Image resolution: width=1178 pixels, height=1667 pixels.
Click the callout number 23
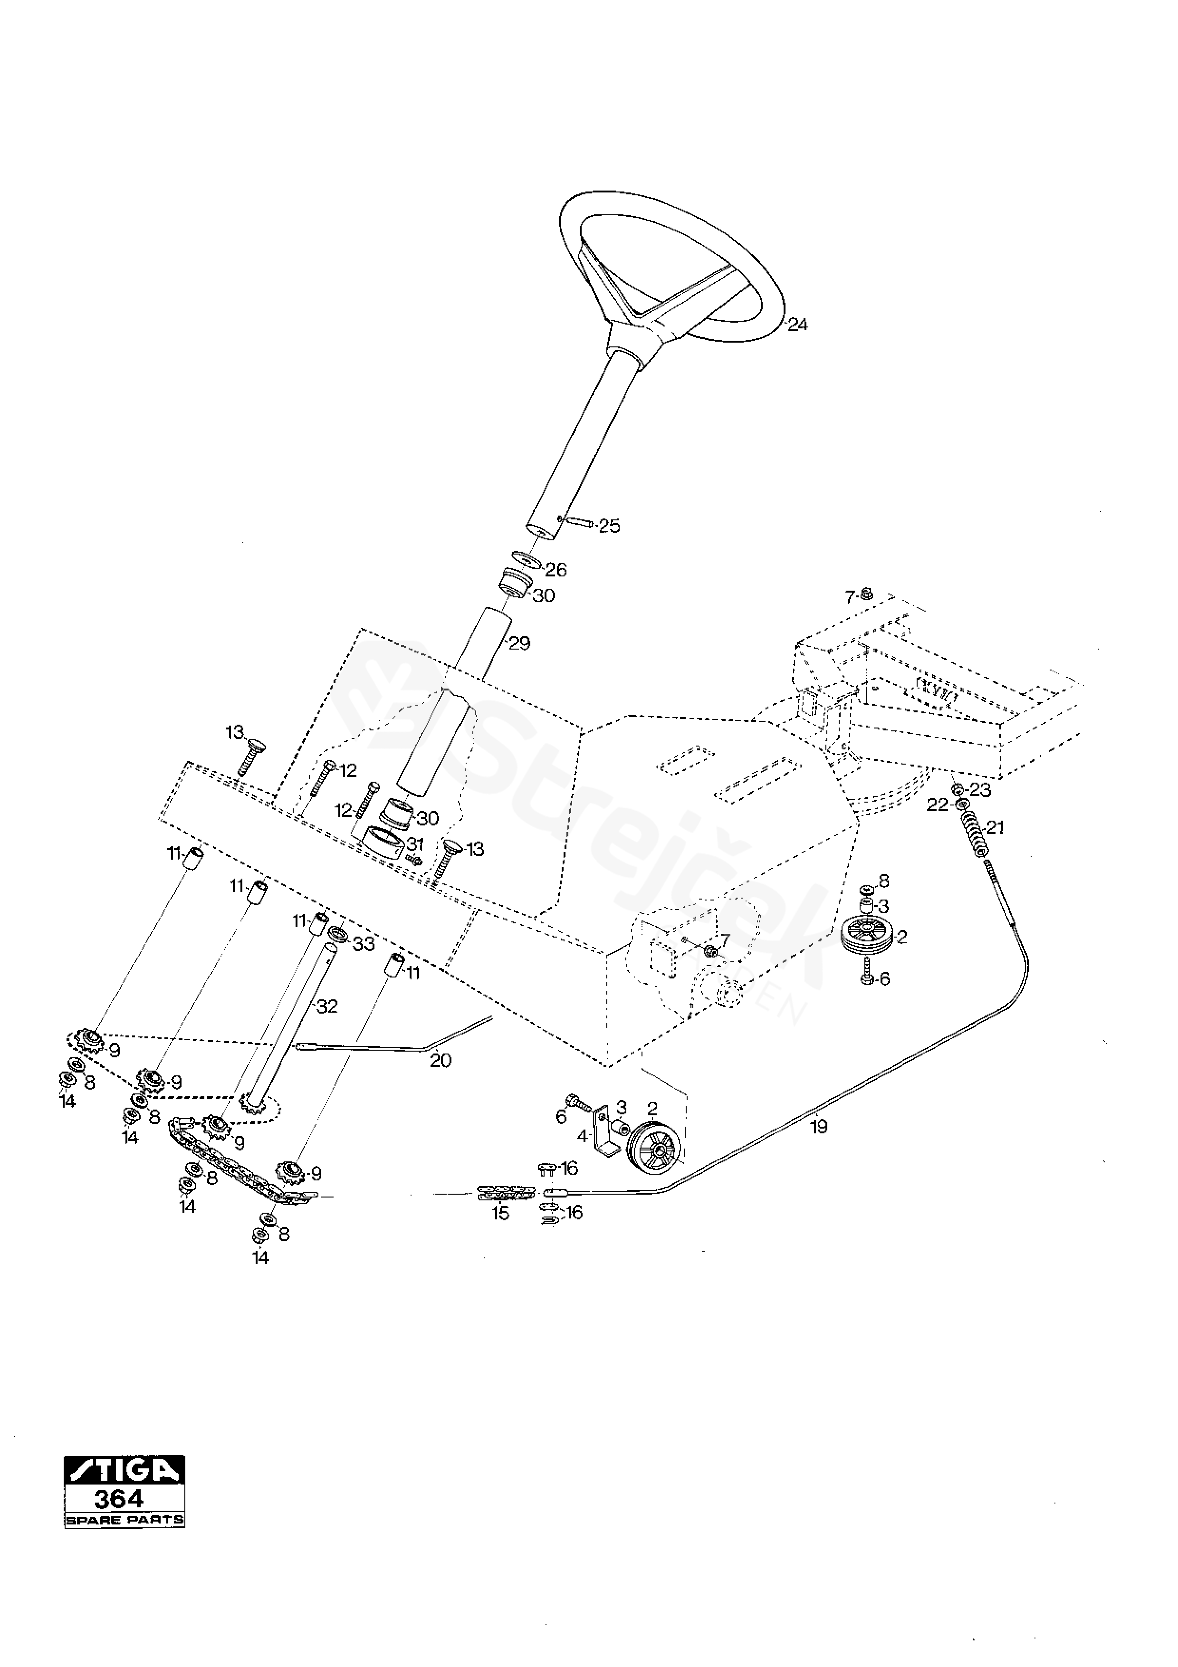coord(980,790)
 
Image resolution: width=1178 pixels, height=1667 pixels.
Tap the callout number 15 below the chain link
coord(501,1213)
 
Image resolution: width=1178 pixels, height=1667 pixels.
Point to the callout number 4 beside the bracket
coord(582,1136)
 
